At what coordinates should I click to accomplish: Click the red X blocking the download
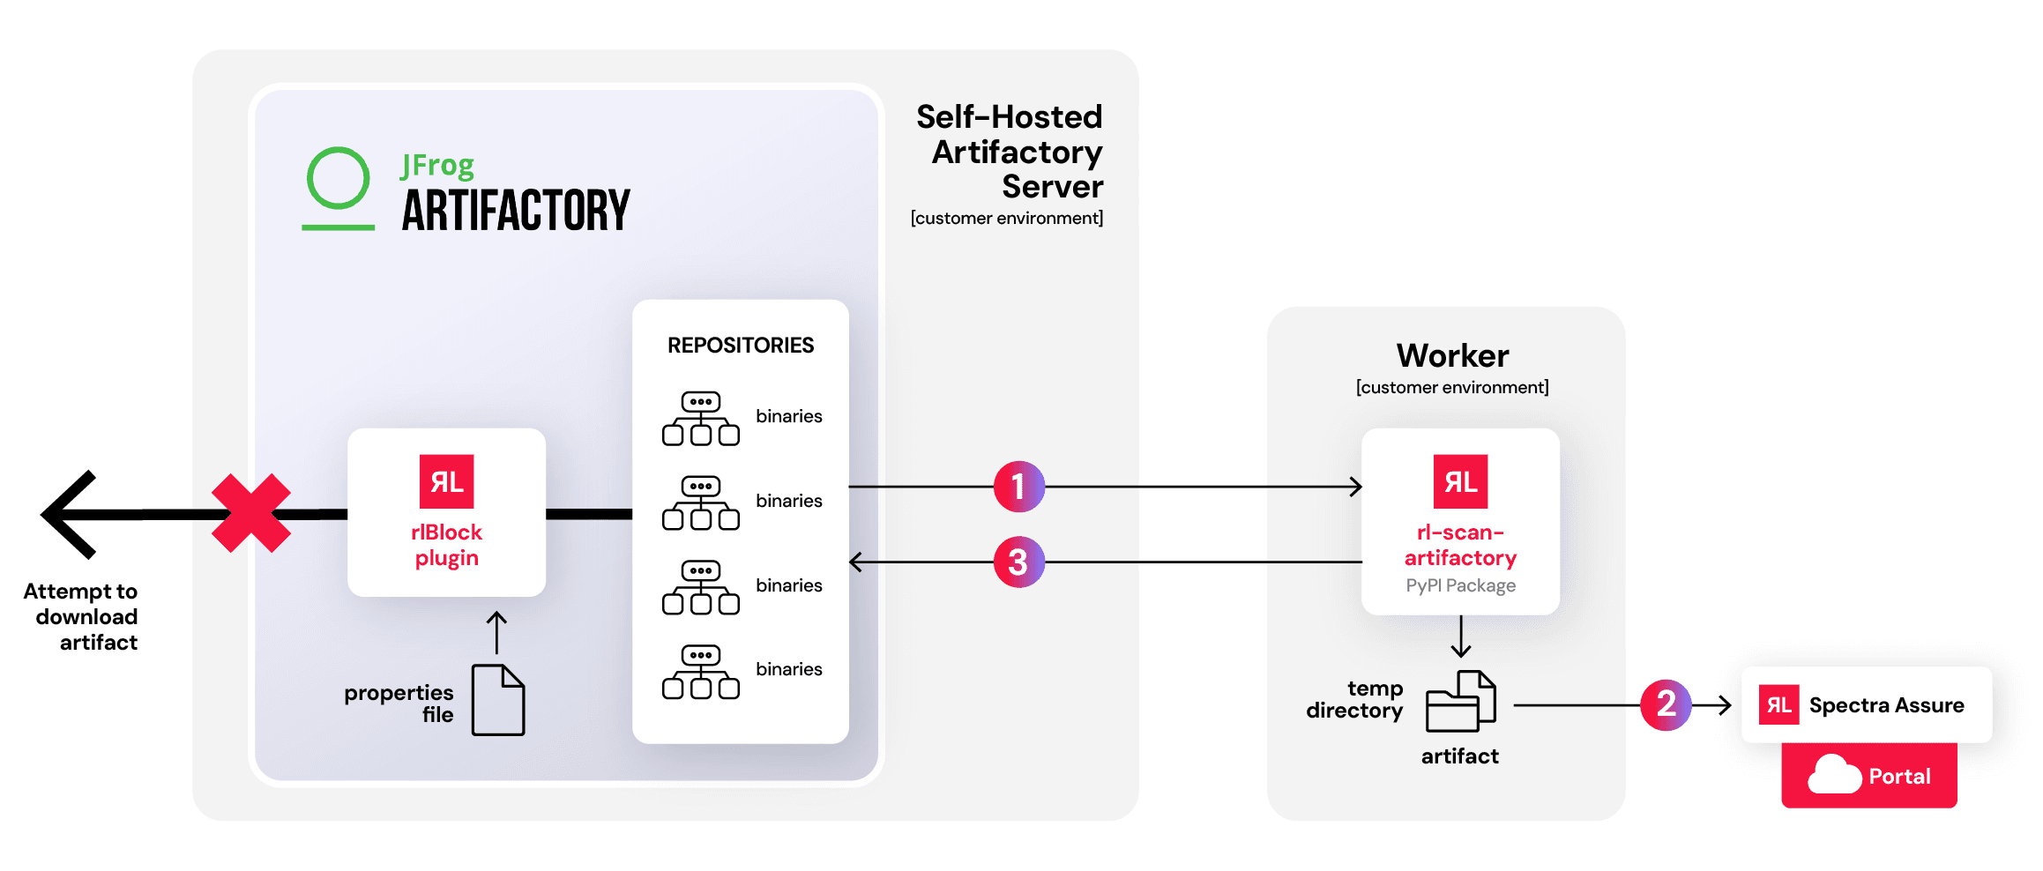click(x=251, y=513)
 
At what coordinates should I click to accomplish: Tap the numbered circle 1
click(x=1018, y=487)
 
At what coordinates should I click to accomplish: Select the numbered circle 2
click(x=1666, y=704)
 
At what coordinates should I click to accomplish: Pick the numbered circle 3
click(x=1018, y=562)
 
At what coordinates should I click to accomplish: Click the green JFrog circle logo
click(x=338, y=179)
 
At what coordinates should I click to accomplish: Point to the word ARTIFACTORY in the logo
click(x=516, y=212)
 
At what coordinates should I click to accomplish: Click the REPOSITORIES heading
click(x=740, y=346)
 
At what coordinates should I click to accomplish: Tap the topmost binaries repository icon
click(x=701, y=419)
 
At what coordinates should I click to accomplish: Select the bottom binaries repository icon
click(x=701, y=672)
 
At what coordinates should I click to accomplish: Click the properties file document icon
click(x=498, y=700)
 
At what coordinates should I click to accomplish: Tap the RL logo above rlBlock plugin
click(x=446, y=481)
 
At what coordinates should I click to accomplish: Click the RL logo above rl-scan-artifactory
click(x=1460, y=481)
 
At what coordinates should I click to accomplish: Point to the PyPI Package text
click(x=1460, y=585)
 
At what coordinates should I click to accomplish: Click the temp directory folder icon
click(x=1460, y=702)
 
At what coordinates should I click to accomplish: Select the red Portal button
click(x=1868, y=776)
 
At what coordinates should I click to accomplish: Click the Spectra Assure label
click(x=1886, y=705)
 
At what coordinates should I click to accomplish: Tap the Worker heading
click(x=1452, y=356)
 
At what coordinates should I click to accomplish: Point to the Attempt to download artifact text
click(x=81, y=616)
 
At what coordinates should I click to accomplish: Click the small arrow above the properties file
click(x=497, y=631)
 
